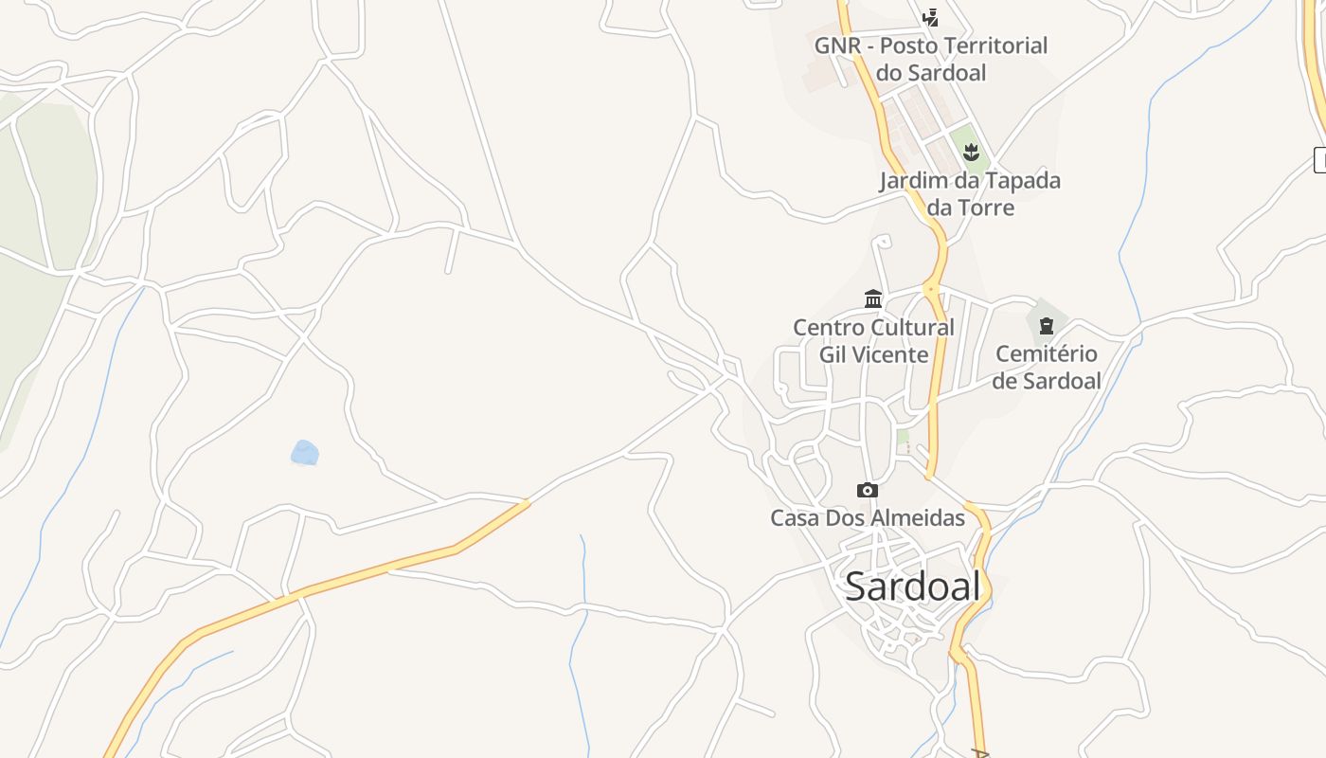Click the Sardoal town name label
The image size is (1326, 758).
pos(912,587)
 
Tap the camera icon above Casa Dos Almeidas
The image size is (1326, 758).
pos(867,490)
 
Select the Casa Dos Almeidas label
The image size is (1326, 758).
pos(867,518)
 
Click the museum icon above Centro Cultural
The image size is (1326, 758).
pos(873,299)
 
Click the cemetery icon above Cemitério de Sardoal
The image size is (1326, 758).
pos(1047,326)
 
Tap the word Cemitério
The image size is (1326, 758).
pos(1047,354)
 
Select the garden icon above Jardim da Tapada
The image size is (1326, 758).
pos(971,152)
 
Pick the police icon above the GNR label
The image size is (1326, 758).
pos(931,17)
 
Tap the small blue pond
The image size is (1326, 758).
pos(304,453)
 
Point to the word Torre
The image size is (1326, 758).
pos(985,208)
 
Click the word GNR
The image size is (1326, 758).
pos(837,45)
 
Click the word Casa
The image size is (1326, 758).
pos(794,518)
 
